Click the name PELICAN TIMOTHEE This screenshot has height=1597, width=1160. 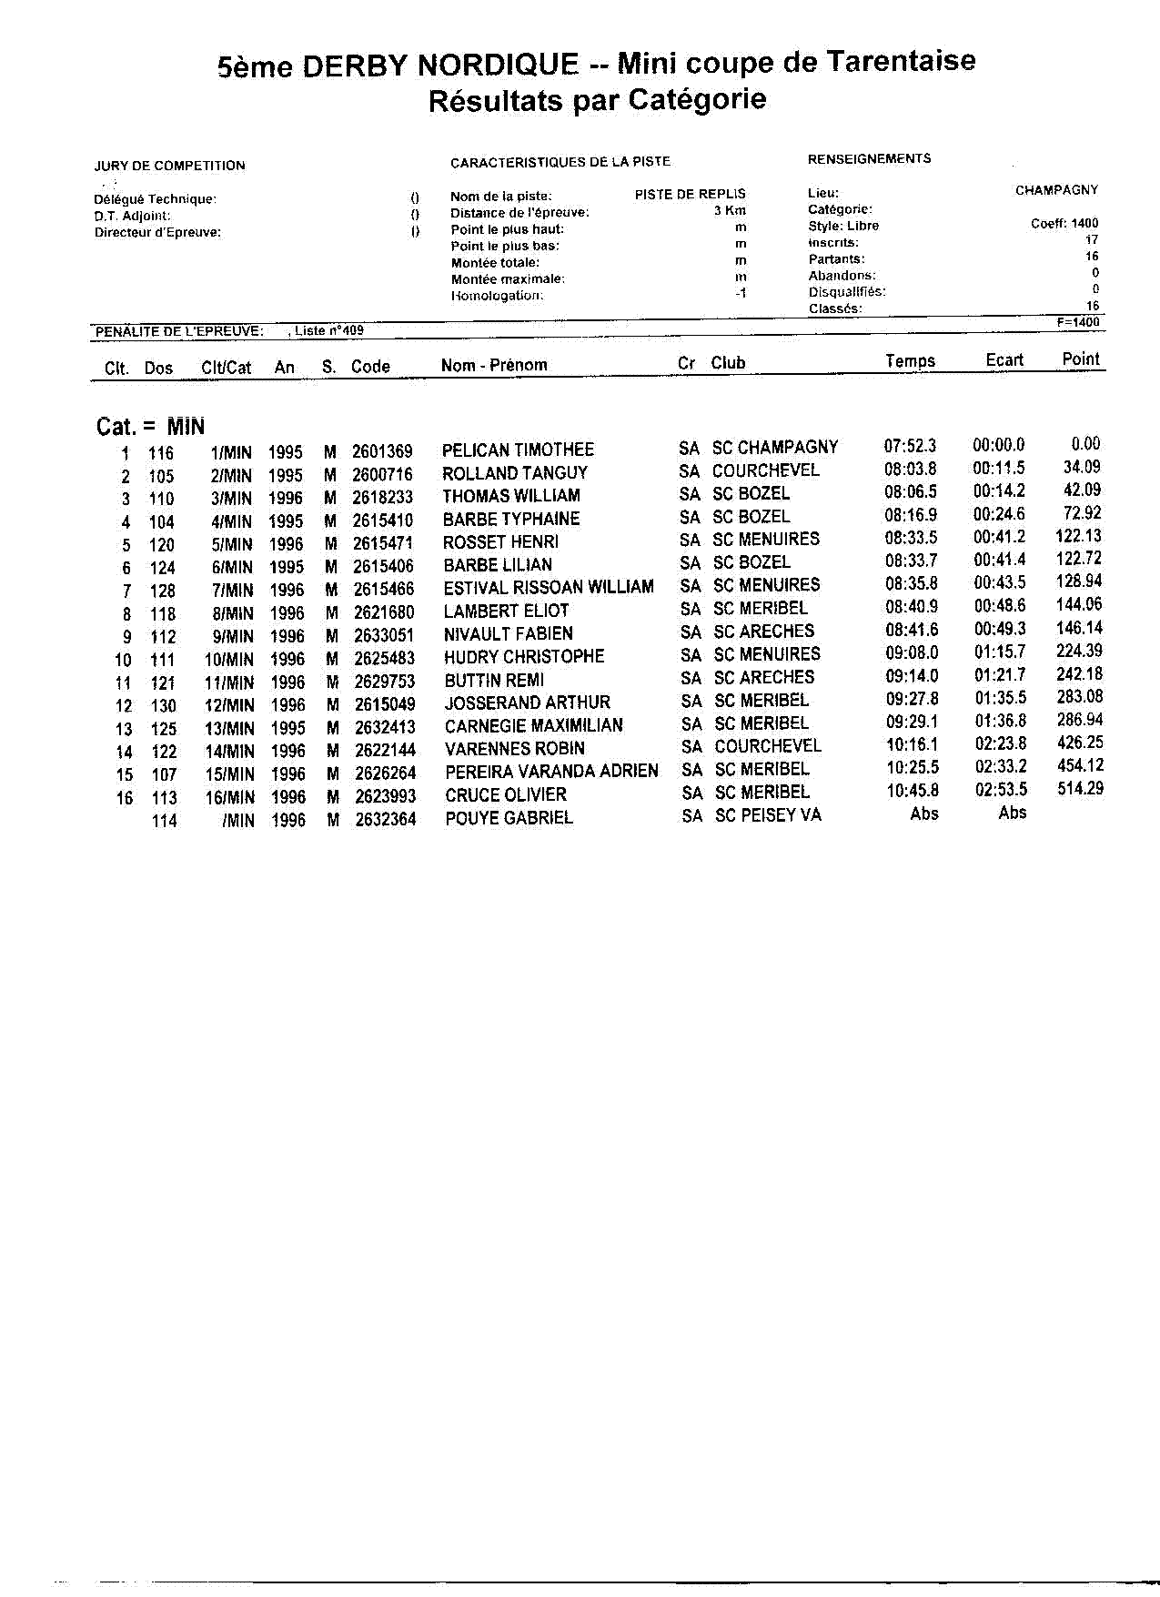[x=518, y=450]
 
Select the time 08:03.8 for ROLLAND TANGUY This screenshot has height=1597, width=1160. [x=910, y=470]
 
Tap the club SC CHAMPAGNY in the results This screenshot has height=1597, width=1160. [x=774, y=448]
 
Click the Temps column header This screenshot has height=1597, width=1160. [x=910, y=361]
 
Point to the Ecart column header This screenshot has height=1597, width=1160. [x=1004, y=360]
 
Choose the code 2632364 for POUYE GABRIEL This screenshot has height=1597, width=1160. [x=385, y=819]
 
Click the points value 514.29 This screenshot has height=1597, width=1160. [x=1080, y=789]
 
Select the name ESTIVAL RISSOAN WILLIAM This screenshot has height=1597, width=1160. [x=549, y=587]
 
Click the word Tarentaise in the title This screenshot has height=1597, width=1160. [x=900, y=61]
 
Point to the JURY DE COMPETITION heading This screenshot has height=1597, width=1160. [x=169, y=166]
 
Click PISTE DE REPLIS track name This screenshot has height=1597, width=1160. [x=690, y=194]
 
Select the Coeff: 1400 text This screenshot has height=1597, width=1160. [x=1064, y=223]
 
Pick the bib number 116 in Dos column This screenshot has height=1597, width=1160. [x=161, y=453]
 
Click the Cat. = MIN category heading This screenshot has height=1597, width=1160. [x=150, y=427]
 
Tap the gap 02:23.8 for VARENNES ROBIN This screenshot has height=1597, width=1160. [x=1001, y=744]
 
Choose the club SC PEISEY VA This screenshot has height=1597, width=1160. [x=768, y=815]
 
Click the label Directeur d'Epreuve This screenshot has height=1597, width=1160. [x=157, y=232]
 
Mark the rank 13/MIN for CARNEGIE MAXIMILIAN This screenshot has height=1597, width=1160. [x=229, y=729]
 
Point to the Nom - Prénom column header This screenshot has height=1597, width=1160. [x=494, y=365]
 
